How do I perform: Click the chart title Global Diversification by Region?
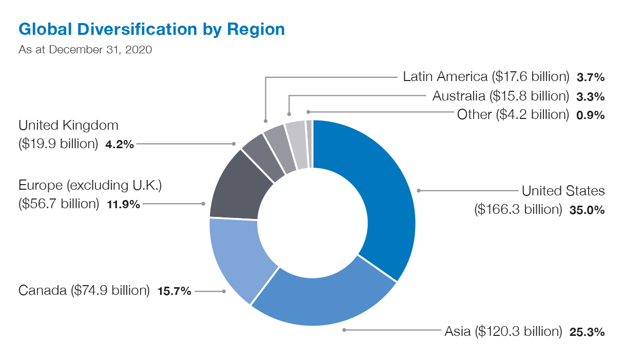coord(151,29)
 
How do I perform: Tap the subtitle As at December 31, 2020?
coord(85,50)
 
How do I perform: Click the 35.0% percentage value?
coord(587,210)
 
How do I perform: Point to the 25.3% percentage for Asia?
coord(587,332)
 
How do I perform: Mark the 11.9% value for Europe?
coord(123,204)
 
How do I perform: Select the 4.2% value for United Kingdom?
coord(119,144)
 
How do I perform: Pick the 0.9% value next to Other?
coord(590,115)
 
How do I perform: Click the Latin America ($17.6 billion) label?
coord(486,77)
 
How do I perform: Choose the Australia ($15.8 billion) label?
coord(500,96)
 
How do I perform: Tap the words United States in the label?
coord(563,191)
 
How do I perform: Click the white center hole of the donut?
coord(312,223)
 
